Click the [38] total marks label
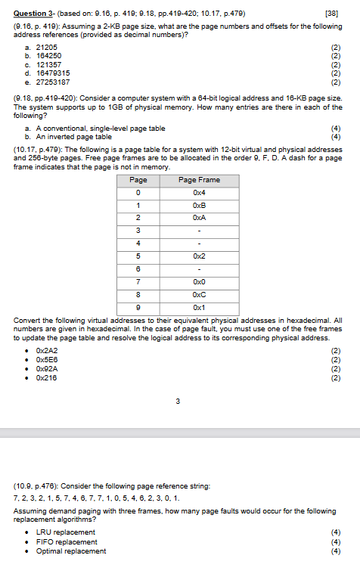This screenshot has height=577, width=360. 331,14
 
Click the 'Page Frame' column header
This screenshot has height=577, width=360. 199,180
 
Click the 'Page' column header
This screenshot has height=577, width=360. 138,180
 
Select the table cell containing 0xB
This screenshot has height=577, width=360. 199,205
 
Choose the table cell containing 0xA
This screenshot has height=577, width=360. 199,217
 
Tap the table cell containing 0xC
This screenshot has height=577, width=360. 199,295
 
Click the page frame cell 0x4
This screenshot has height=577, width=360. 199,192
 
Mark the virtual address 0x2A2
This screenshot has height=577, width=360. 47,351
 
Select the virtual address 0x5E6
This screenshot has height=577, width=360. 47,360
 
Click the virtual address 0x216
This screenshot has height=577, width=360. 47,377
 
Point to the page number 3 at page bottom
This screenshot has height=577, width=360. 178,400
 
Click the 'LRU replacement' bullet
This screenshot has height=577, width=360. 66,532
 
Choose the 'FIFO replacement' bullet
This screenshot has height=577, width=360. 67,541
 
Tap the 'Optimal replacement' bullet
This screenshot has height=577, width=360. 71,551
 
